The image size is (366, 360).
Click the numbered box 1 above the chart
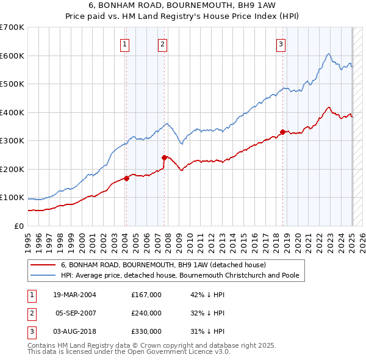click(124, 43)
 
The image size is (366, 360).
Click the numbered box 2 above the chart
click(163, 43)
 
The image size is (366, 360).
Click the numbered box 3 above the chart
click(281, 43)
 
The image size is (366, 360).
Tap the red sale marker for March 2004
click(127, 178)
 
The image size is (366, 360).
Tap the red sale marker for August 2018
click(282, 132)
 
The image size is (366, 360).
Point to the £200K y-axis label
click(12, 169)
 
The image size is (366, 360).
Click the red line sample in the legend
click(43, 265)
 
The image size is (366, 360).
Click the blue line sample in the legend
click(43, 275)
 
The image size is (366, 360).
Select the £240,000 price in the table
click(146, 313)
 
